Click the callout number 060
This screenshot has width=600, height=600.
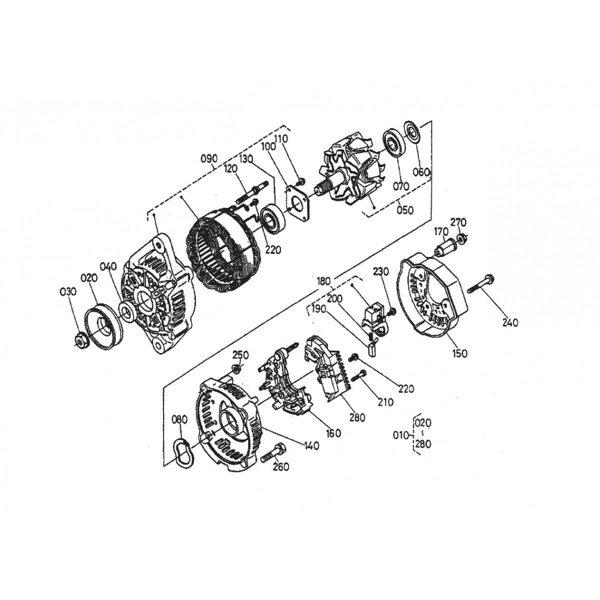tap(421, 172)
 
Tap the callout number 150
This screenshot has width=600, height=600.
tap(460, 353)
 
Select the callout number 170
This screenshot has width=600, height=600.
tap(440, 231)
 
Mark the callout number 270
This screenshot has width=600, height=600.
tap(458, 221)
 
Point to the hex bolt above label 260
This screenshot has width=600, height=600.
tap(272, 452)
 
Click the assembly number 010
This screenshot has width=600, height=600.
tap(401, 434)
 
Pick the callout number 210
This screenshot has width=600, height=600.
tap(385, 401)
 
